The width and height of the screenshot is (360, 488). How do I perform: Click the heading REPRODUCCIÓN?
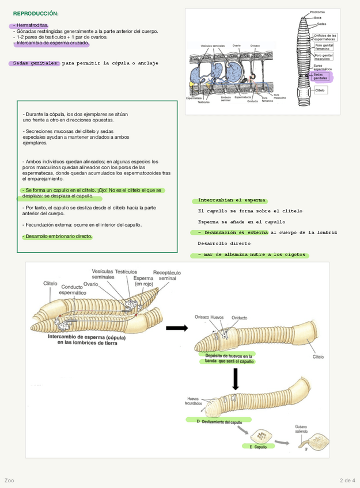click(36, 13)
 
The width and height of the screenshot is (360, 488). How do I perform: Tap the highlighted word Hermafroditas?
click(32, 25)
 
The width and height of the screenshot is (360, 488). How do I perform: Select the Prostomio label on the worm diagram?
click(317, 12)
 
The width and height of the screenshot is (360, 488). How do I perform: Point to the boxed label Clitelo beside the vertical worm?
click(320, 90)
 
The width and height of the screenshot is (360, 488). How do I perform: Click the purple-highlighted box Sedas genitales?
click(322, 77)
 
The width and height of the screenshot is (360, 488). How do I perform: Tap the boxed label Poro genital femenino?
click(324, 47)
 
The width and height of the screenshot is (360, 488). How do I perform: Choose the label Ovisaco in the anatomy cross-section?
click(255, 45)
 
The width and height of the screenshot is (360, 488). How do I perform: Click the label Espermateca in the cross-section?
click(194, 98)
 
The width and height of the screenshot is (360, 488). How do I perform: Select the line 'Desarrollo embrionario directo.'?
click(57, 236)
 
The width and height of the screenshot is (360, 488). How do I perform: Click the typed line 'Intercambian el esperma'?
click(232, 200)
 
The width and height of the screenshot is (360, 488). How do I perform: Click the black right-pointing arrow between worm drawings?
click(177, 328)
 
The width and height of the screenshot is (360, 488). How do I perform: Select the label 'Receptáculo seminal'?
click(166, 276)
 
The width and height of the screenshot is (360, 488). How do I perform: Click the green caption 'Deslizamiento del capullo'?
click(221, 422)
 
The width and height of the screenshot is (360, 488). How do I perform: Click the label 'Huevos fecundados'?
click(194, 401)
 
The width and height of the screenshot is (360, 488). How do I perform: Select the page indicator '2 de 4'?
click(348, 480)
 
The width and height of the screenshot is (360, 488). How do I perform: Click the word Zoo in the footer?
click(9, 480)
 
